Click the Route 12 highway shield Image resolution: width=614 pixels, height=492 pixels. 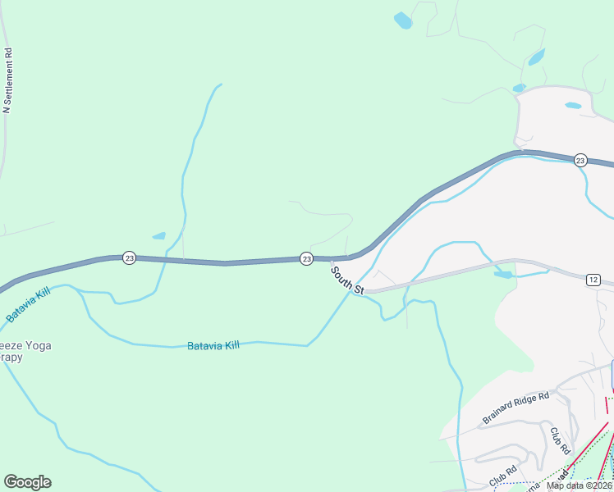coord(593,280)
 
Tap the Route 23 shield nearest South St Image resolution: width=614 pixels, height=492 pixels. coord(306,258)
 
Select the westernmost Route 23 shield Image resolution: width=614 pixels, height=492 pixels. coord(129,257)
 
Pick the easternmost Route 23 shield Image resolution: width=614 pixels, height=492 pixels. coord(580,159)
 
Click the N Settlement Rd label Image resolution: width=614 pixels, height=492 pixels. coord(8,80)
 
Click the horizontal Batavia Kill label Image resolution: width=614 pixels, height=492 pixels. coord(213,346)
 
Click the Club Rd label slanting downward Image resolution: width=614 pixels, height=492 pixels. coord(560,441)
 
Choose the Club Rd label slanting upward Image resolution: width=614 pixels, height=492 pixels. coord(502,473)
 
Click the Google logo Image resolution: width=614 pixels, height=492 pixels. coord(27,482)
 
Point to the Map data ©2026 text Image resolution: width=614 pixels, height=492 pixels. coord(579,485)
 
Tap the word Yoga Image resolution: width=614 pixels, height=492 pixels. coord(37,346)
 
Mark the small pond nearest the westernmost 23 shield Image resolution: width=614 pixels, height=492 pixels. coord(158,236)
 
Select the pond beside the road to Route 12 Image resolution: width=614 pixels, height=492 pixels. coord(503,275)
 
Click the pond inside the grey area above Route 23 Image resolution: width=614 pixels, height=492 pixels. coord(573,106)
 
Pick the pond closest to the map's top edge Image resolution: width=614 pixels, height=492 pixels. coord(402,20)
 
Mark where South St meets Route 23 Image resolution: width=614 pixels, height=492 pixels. coord(332,260)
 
